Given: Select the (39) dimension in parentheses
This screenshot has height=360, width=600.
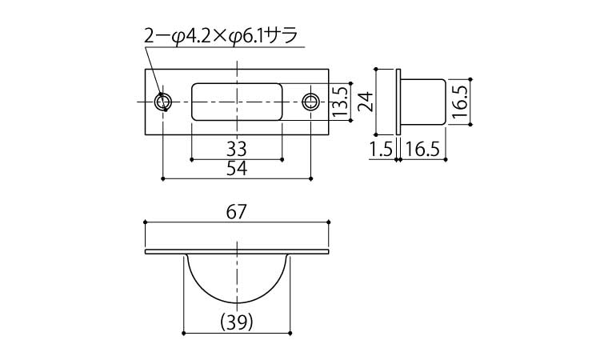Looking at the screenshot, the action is [x=237, y=322].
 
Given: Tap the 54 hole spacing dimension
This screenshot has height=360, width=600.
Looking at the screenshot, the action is [x=237, y=168].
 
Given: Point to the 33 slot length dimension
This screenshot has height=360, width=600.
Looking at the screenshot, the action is [x=237, y=150].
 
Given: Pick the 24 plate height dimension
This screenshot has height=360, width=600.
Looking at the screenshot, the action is [x=366, y=102].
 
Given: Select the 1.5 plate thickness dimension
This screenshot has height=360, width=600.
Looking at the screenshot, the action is [x=381, y=150].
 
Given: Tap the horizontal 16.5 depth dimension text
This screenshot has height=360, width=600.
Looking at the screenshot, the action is [x=422, y=150].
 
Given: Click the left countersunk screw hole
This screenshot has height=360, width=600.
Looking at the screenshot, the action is [x=163, y=102].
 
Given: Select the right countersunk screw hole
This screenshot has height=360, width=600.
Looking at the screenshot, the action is [x=310, y=102].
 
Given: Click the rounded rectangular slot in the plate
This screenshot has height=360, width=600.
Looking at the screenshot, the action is [x=237, y=102].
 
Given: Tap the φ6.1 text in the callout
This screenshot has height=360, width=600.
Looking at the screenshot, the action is [x=248, y=37].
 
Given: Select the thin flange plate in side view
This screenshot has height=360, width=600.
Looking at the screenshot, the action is [x=398, y=102].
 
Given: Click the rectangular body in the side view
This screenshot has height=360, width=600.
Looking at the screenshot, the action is [x=423, y=102].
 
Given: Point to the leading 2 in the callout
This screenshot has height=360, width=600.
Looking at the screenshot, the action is [x=150, y=36].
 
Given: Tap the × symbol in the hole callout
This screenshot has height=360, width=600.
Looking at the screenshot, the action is [x=221, y=37].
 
